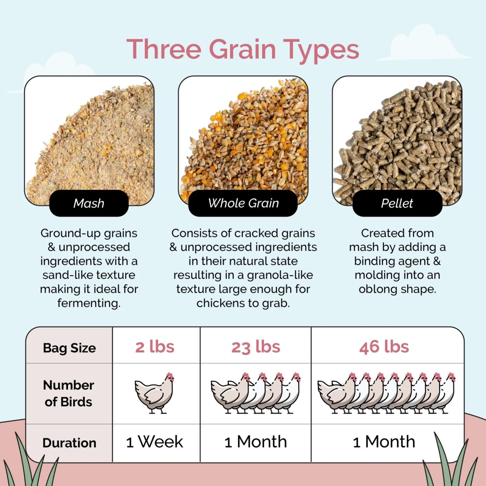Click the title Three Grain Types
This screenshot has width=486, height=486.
[x=243, y=49]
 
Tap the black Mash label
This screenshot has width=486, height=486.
[x=89, y=203]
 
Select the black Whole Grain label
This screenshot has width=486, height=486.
[x=243, y=203]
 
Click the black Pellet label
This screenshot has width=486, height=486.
[x=397, y=203]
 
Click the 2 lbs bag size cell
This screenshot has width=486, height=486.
[x=155, y=347]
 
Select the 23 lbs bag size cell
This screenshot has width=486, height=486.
[x=256, y=347]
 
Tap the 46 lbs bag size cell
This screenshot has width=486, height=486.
[x=384, y=347]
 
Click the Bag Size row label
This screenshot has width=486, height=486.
[x=69, y=348]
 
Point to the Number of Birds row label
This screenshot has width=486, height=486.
[x=69, y=393]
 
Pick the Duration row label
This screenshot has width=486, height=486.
[x=69, y=443]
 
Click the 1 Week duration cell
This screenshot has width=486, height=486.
[x=155, y=442]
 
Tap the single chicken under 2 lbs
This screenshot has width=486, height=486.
[x=155, y=393]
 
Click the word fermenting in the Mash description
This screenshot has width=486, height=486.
[x=89, y=303]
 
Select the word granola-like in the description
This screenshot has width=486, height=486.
[x=280, y=275]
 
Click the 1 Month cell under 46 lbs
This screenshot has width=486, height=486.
[x=384, y=442]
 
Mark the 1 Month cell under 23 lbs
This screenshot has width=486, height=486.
[x=256, y=442]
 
